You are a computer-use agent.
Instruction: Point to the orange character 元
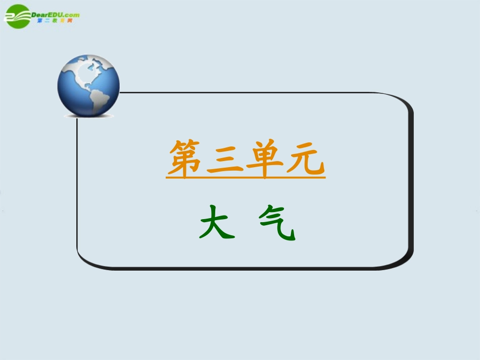(304, 159)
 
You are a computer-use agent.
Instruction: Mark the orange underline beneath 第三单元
(246, 177)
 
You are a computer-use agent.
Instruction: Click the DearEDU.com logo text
(56, 15)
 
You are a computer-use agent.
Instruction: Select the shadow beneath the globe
(89, 116)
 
